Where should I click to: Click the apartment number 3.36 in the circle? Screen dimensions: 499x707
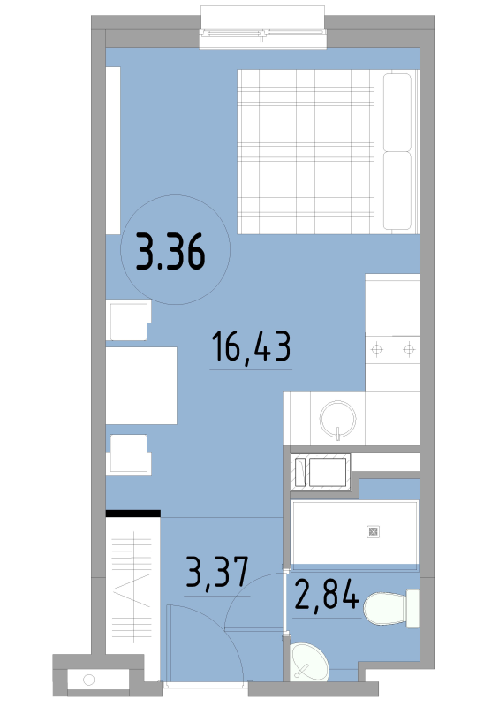coord(170,252)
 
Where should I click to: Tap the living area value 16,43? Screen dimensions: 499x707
coord(251,346)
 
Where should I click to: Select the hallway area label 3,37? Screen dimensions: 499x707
coord(217,572)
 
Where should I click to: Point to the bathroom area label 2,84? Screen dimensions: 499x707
coord(327,595)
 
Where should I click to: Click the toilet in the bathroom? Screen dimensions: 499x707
coord(391,608)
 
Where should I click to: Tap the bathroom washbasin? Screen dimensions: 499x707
coord(309,661)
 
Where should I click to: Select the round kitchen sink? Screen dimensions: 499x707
coord(337,419)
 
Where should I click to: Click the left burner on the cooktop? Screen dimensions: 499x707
coord(377,349)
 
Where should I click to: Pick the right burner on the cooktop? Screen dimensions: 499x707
coord(409,349)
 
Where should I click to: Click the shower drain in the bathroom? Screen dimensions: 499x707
coord(374,532)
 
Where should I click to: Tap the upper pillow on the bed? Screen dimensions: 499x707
coord(397,112)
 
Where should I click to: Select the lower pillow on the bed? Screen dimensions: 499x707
coord(397,190)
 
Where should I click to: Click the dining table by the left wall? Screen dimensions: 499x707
coord(141,385)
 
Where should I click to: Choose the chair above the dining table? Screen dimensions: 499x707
coord(128,320)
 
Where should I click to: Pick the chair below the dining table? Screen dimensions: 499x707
coord(128,454)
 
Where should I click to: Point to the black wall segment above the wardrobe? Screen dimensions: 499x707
coord(133,513)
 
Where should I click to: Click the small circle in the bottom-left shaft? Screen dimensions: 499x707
coord(89,680)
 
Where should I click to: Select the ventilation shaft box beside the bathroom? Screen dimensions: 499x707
coord(321,472)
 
